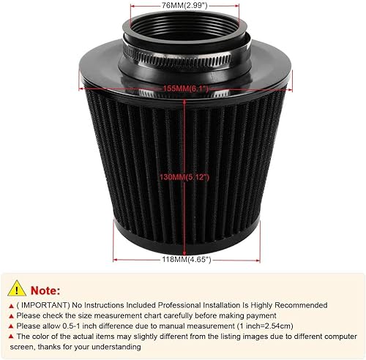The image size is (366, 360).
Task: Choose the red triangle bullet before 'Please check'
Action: (x=12, y=320)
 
